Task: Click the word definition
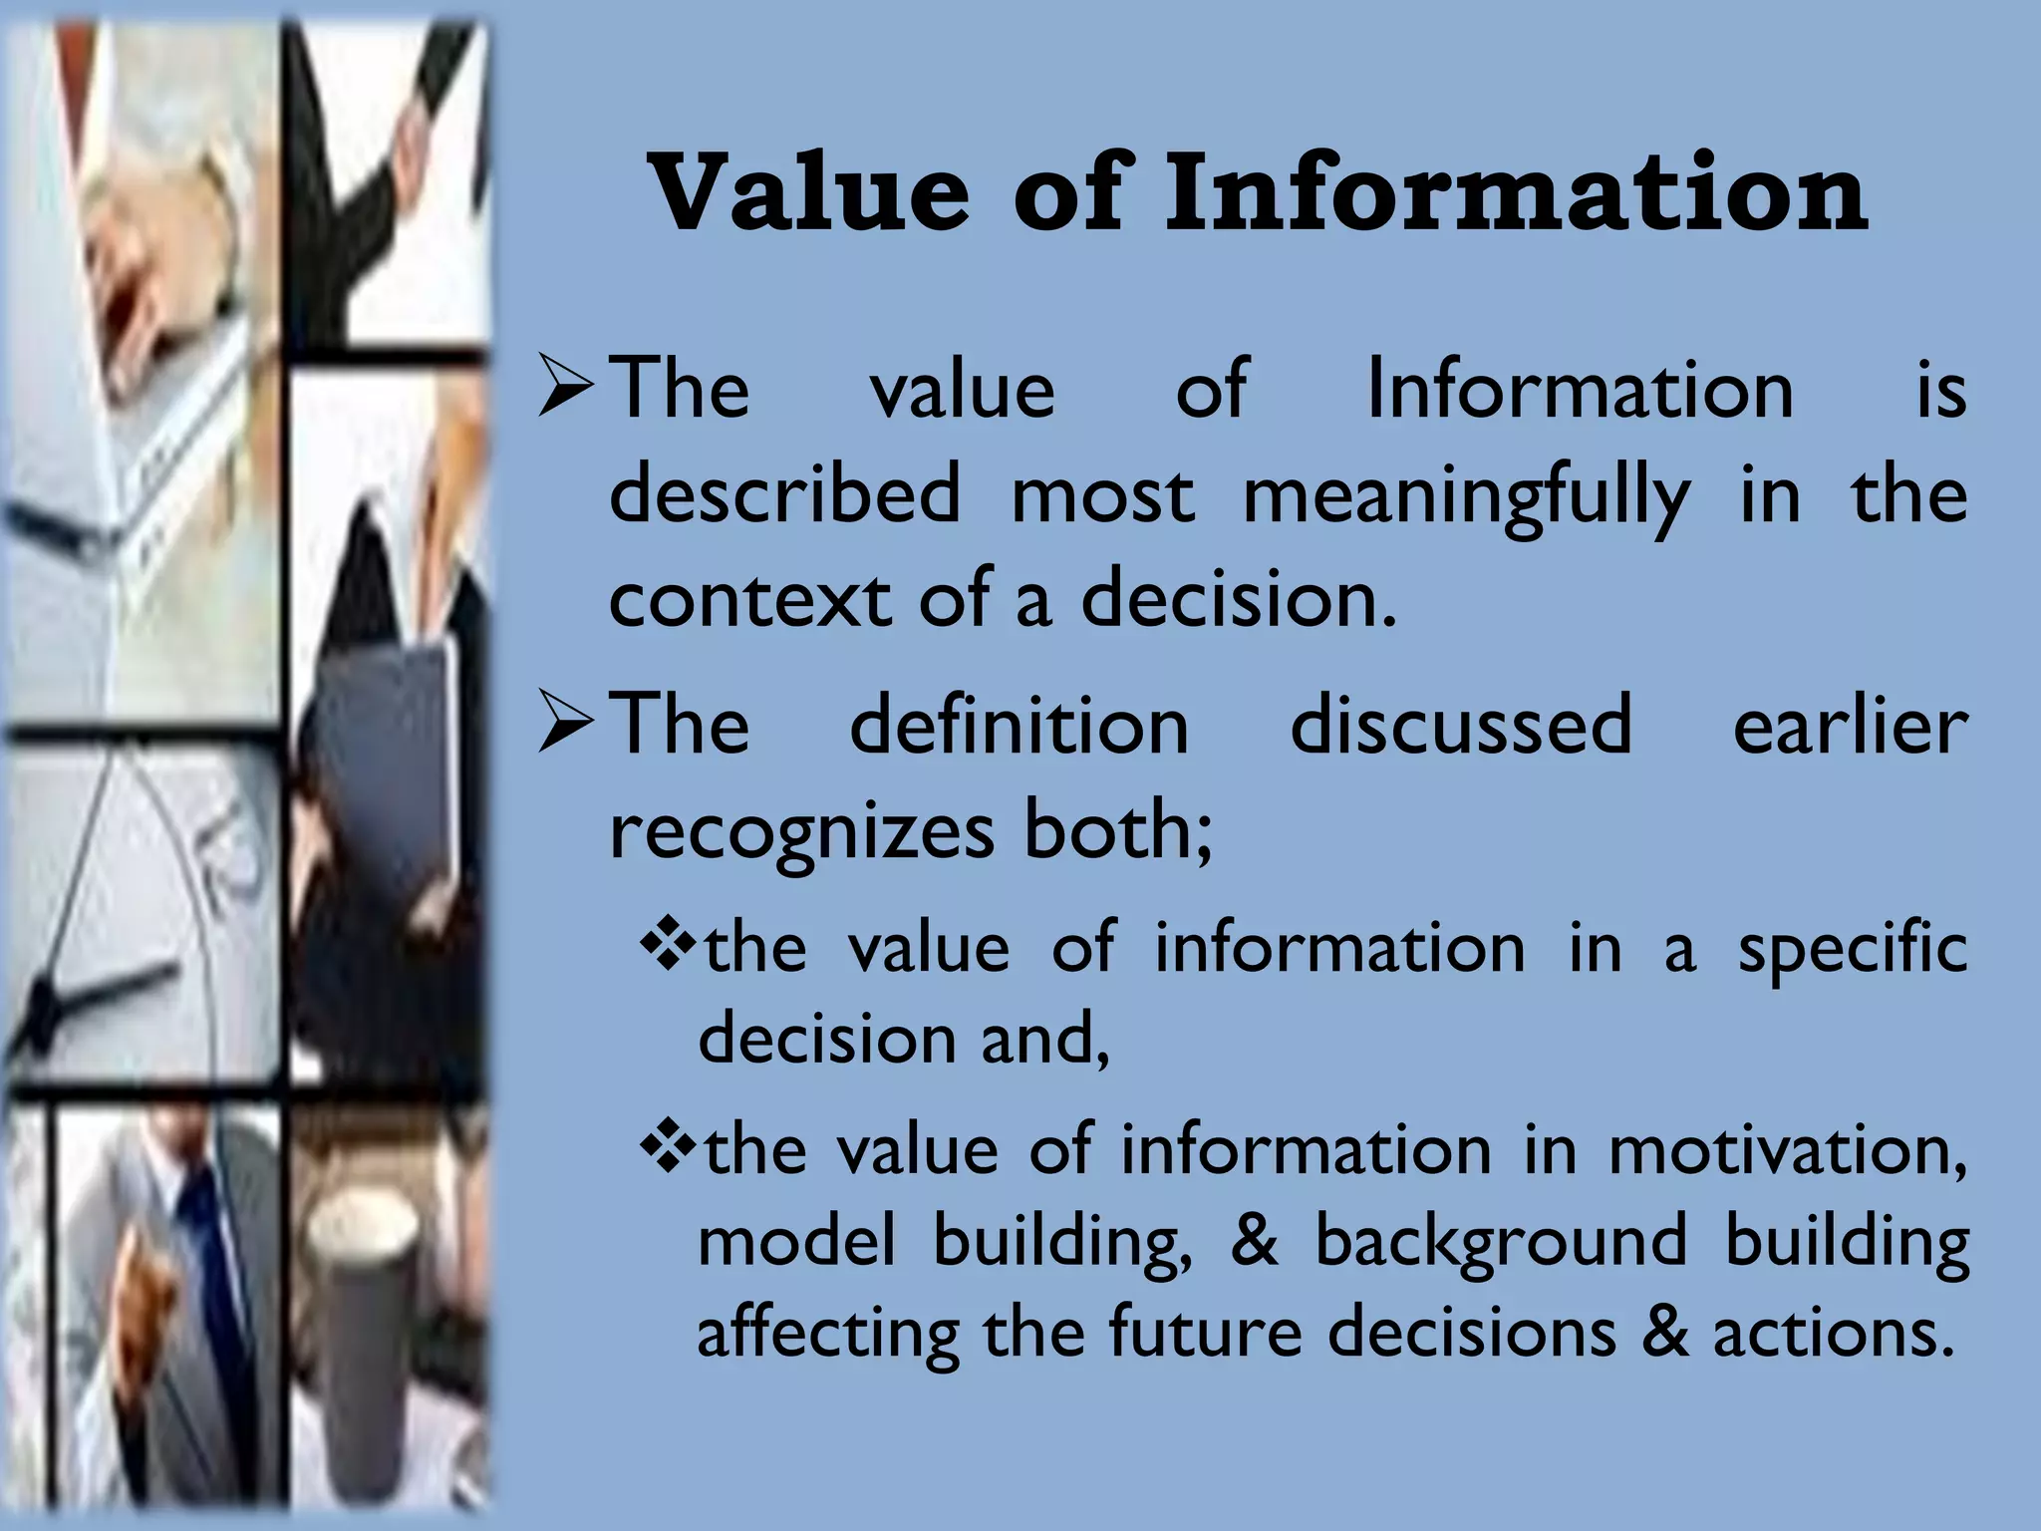tap(1020, 726)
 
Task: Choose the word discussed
tap(1461, 726)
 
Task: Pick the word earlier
tap(1850, 726)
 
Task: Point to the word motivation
tap(1788, 1151)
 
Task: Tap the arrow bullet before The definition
tap(566, 726)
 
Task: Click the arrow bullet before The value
tap(566, 390)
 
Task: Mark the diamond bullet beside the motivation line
tap(666, 1149)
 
